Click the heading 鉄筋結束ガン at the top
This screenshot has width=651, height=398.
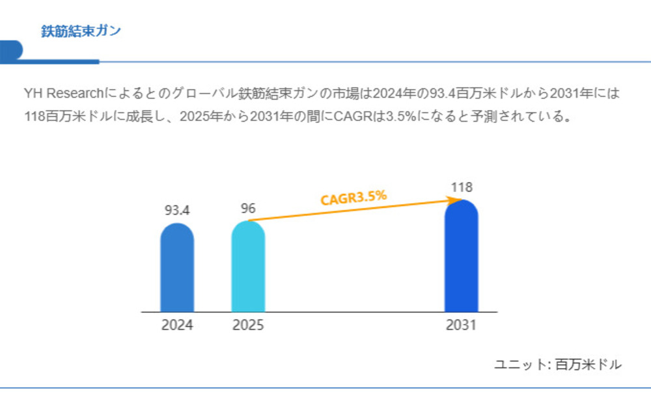81,31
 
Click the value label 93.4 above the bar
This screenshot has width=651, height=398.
177,211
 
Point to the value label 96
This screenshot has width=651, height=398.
248,209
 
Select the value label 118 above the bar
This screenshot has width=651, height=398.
461,187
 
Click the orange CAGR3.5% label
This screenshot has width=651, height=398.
353,197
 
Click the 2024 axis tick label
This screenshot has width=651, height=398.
177,325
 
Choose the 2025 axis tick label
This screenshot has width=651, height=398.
248,325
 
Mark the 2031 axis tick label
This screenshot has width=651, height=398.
461,325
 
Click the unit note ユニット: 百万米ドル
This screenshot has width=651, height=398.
558,365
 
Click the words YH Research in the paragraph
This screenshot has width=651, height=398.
59,94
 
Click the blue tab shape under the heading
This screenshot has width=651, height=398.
12,51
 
